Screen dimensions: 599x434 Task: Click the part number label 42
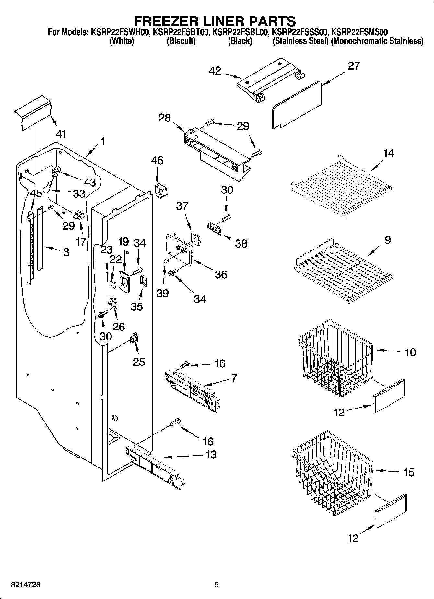coord(215,71)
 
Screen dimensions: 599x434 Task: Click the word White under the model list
coord(122,41)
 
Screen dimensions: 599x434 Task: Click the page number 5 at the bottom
coord(217,585)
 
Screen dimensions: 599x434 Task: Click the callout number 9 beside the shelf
coord(387,240)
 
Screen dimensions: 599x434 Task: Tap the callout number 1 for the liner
coord(102,142)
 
